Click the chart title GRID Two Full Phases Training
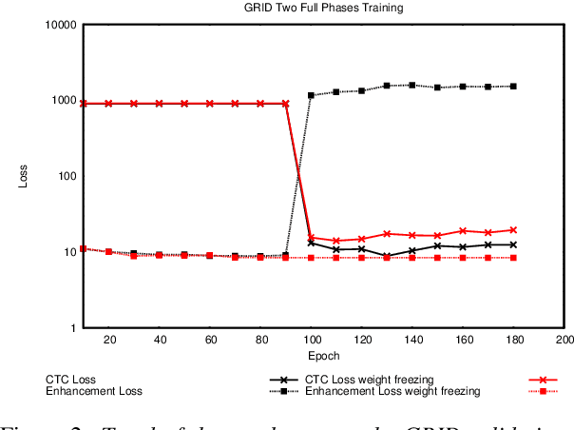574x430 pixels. [x=323, y=8]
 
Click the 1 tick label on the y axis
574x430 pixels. [x=70, y=328]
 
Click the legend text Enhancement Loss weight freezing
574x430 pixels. [x=392, y=391]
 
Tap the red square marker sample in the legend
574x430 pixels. [x=543, y=391]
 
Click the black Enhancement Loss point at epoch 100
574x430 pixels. [x=311, y=95]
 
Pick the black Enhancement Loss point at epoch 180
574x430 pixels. [x=513, y=87]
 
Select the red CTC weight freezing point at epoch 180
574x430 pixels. [x=513, y=230]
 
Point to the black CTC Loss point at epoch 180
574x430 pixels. [x=513, y=244]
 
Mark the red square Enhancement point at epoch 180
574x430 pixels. [x=513, y=258]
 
